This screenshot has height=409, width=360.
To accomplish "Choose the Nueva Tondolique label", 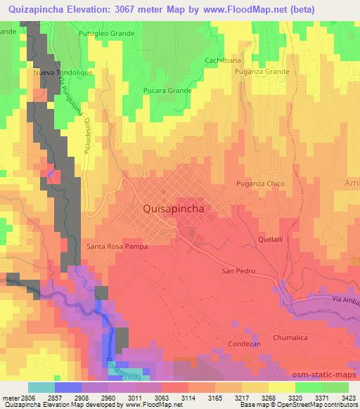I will (x=61, y=72).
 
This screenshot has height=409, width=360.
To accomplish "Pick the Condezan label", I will (x=245, y=344).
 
